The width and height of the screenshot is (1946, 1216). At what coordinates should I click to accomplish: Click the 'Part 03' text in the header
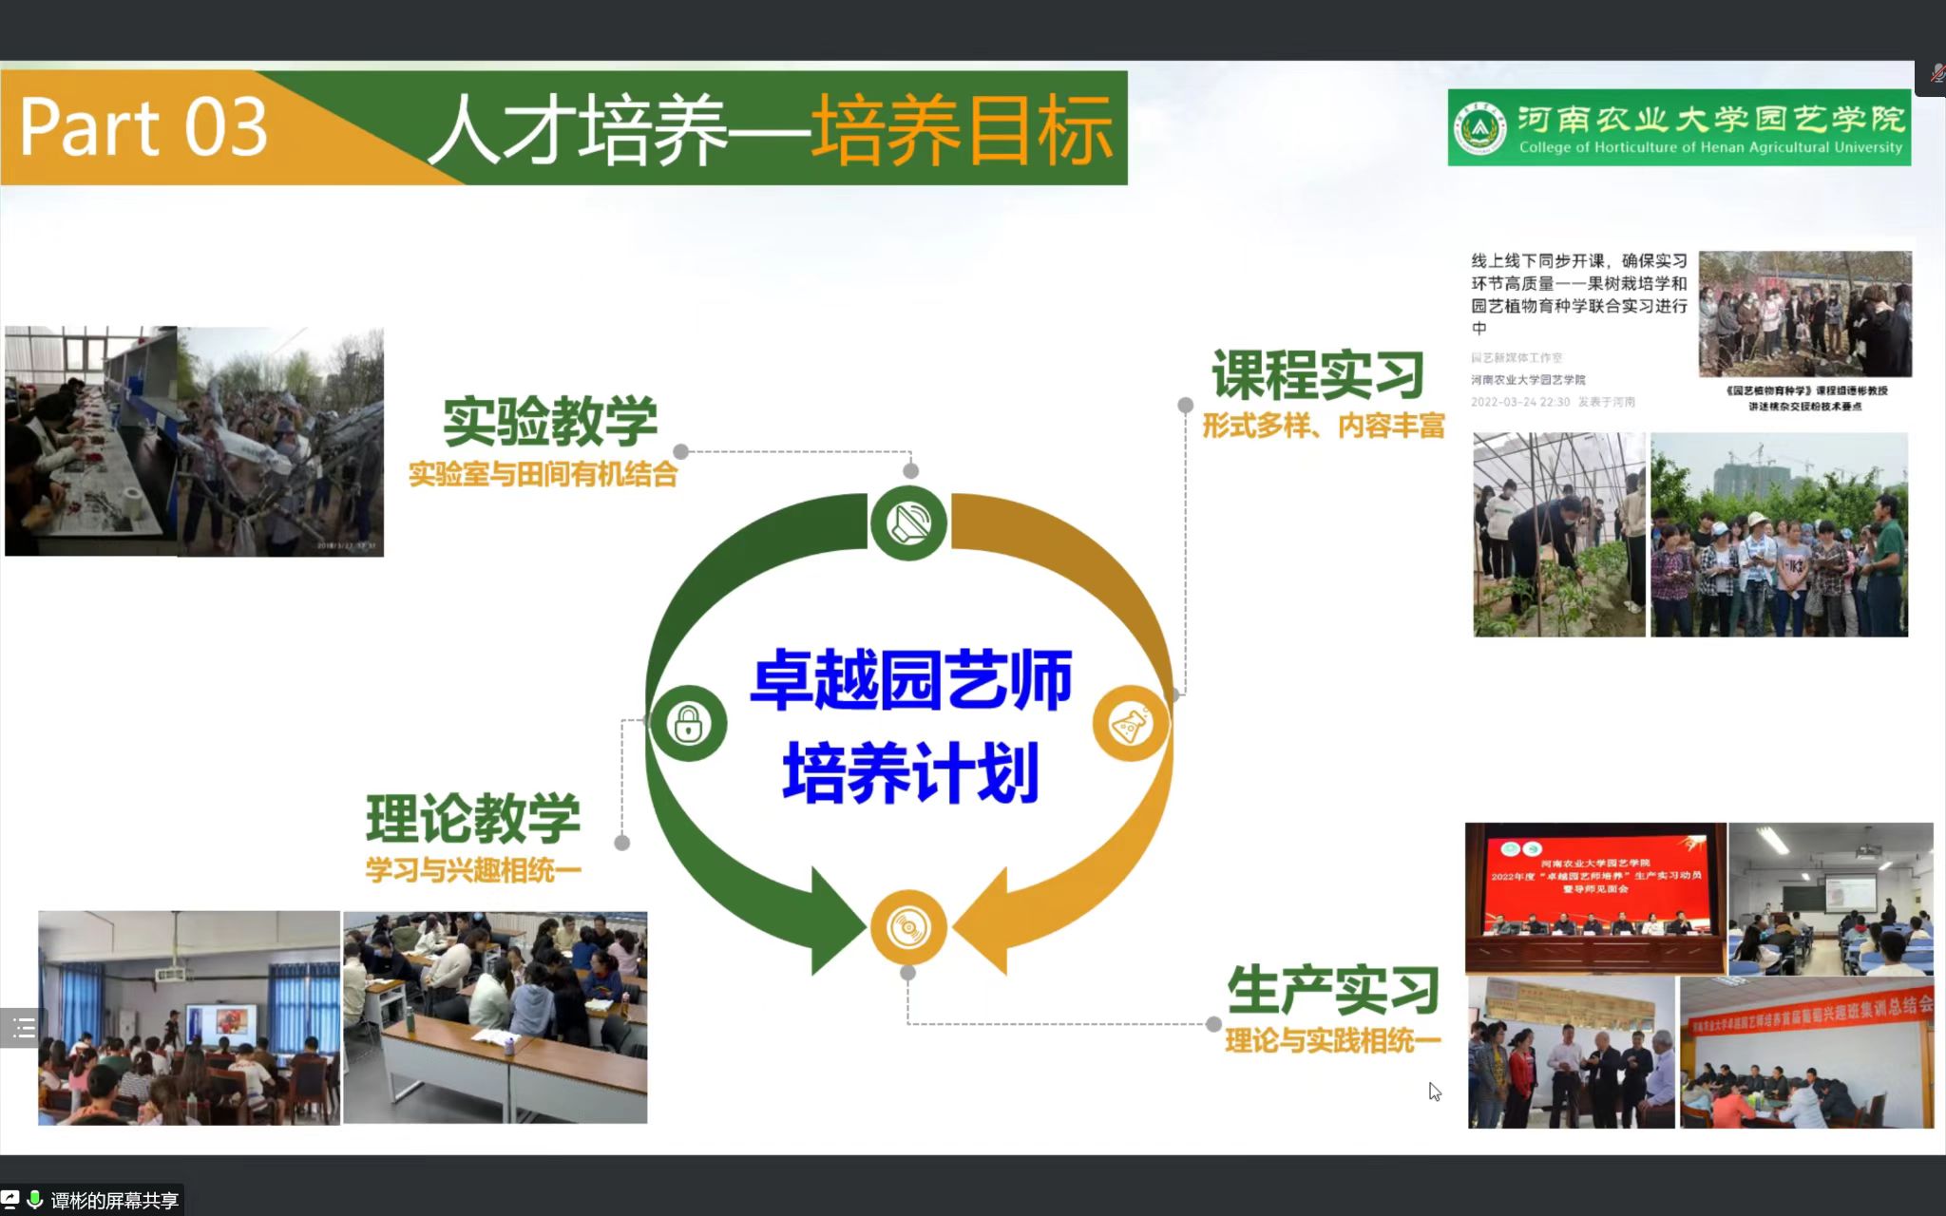143,127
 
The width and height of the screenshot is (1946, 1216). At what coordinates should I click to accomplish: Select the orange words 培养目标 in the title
961,130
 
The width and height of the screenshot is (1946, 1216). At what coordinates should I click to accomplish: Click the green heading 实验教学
550,421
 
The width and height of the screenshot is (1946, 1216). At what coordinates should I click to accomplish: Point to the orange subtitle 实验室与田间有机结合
543,474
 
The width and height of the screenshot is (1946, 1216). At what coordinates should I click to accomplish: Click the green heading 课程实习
1318,375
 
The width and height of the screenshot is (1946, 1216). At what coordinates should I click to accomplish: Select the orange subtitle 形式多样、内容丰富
1323,427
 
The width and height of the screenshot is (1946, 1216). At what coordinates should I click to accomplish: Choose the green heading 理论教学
473,818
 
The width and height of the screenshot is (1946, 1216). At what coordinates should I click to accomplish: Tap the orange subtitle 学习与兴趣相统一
473,870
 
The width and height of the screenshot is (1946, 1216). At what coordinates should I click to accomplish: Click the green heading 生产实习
1333,990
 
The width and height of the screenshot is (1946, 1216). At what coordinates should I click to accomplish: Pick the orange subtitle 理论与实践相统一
1332,1041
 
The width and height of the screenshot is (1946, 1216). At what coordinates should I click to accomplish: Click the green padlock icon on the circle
689,724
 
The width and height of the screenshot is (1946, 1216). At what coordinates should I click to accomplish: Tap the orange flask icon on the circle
1131,724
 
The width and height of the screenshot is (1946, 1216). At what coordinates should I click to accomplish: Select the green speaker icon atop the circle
908,522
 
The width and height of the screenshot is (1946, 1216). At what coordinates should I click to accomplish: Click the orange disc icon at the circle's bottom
908,927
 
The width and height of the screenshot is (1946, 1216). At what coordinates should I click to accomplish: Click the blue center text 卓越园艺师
910,680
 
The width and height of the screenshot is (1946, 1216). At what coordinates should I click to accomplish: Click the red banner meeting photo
1595,898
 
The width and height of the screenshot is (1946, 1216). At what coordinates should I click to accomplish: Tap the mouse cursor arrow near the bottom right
1434,1092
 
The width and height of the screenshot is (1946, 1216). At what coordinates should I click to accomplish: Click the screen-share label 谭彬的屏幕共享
114,1201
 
